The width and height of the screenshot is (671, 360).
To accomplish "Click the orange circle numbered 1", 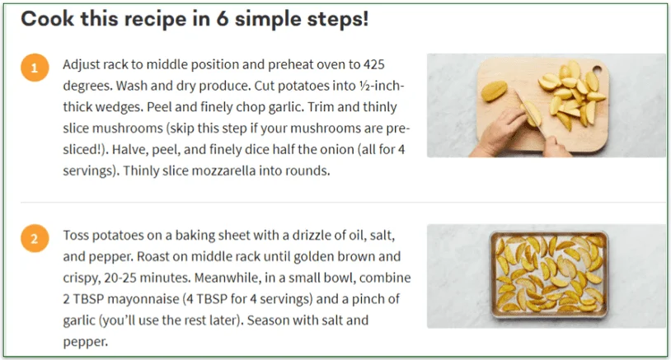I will point(34,68).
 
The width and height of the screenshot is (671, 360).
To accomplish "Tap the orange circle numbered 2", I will point(34,239).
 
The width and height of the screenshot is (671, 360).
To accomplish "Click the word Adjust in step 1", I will point(82,64).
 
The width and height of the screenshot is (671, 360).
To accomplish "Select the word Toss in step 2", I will point(77,235).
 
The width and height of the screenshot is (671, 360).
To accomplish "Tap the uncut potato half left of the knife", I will point(494,87).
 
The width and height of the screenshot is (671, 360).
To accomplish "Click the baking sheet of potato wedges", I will point(547,276).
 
